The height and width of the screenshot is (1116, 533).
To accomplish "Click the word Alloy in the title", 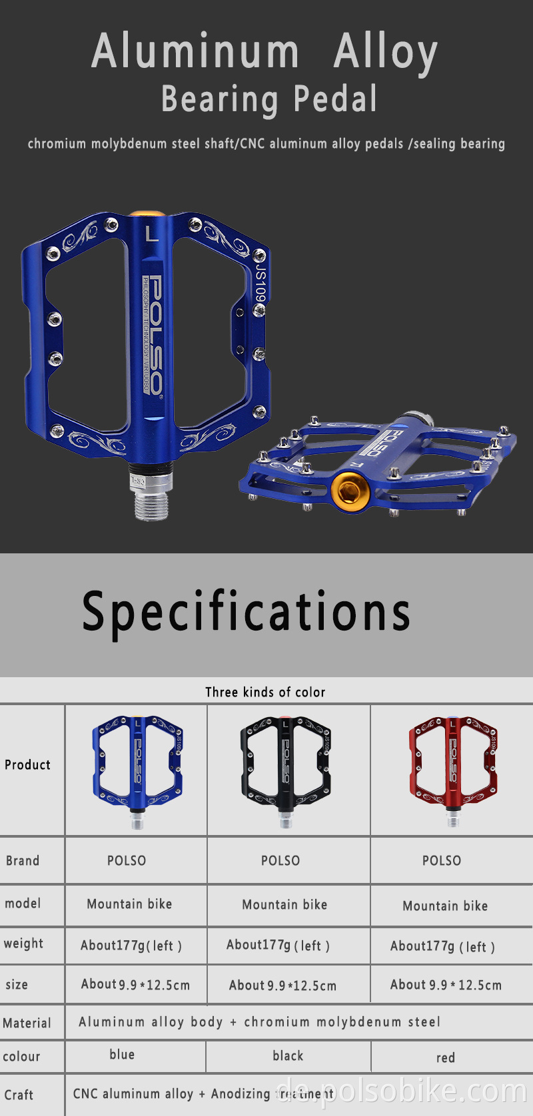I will pyautogui.click(x=386, y=52).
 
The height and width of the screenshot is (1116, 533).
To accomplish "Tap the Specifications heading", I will pyautogui.click(x=246, y=611).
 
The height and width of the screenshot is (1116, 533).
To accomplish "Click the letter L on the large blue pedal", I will pyautogui.click(x=152, y=234).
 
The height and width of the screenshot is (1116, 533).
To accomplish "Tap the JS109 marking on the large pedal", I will pyautogui.click(x=261, y=283).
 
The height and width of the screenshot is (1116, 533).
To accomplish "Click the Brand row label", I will pyautogui.click(x=23, y=860).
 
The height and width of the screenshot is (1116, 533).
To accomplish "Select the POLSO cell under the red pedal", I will pyautogui.click(x=442, y=860).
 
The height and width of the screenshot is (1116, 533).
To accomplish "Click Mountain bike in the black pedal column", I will pyautogui.click(x=284, y=904).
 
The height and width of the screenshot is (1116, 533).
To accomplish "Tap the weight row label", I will pyautogui.click(x=23, y=944).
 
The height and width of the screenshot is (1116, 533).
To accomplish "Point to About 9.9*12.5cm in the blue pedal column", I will pyautogui.click(x=135, y=984).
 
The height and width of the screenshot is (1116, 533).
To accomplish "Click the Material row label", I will pyautogui.click(x=27, y=1023).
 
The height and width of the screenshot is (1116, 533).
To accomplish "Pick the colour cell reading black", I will pyautogui.click(x=288, y=1055).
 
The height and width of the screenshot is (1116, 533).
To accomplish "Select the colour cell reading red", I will pyautogui.click(x=446, y=1057).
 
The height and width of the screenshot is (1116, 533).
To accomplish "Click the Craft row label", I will pyautogui.click(x=19, y=1095).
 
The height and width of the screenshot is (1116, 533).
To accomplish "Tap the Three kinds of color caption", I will pyautogui.click(x=265, y=692).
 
